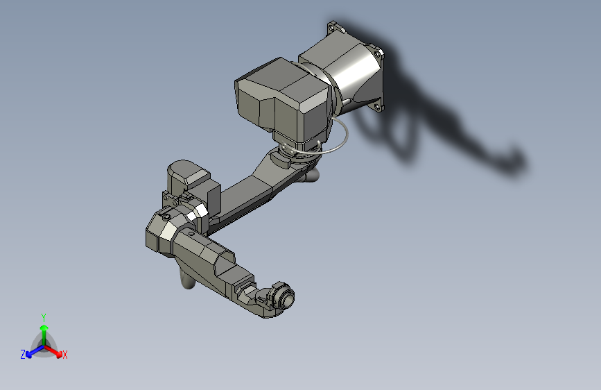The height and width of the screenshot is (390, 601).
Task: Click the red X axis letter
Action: pos(65,355)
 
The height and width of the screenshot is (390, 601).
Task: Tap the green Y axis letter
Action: pos(44,316)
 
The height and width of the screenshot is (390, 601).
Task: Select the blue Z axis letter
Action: pos(23,355)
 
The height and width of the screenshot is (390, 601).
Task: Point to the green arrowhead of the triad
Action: pos(44,326)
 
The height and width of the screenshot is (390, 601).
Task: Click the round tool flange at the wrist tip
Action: pos(284,298)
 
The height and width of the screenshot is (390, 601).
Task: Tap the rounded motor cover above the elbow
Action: pos(186,173)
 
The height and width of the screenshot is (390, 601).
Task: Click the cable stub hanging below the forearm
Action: pos(187,281)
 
